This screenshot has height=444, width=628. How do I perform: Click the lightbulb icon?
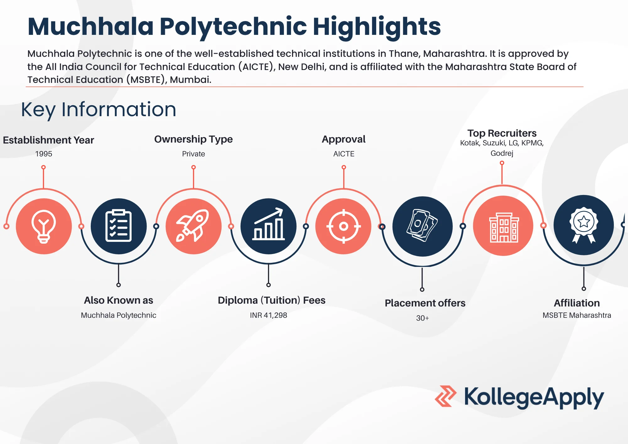coord(44,226)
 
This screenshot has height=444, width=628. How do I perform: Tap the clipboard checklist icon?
coord(119,226)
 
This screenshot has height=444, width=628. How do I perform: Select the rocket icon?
coord(193,226)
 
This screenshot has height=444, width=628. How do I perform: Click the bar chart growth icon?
coord(268,225)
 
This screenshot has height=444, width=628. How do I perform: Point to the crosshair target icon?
coord(344,226)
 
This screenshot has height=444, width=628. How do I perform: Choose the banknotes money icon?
coord(422,226)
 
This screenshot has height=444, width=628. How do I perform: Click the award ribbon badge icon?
coord(583,225)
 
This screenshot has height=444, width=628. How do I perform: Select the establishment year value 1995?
coord(44,154)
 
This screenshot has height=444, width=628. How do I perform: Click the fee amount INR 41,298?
coord(268,315)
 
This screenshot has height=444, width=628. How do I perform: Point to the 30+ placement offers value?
coord(422,318)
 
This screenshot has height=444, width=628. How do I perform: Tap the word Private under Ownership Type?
coord(193,154)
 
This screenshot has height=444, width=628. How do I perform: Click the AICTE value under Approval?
coord(344,154)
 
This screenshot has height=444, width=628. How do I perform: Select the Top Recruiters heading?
coord(502,133)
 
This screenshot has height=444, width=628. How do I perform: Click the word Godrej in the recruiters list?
coord(502,153)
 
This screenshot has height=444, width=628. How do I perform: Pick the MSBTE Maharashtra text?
coord(577,315)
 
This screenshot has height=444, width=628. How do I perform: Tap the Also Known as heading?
coord(119,300)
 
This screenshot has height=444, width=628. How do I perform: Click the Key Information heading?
coord(99,110)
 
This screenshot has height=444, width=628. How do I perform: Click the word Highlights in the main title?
coord(377,27)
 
